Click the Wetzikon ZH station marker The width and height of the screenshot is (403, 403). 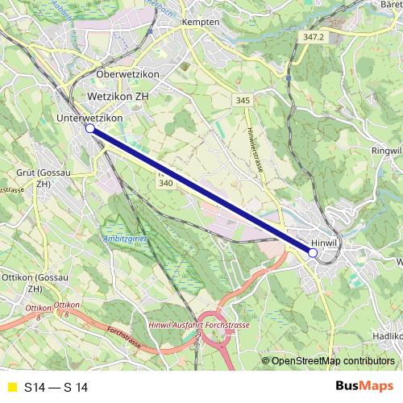click(90, 127)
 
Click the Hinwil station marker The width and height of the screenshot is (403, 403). click(313, 252)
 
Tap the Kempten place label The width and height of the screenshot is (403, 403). click(201, 22)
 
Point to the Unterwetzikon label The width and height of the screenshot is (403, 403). click(89, 118)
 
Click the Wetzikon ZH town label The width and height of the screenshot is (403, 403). click(118, 96)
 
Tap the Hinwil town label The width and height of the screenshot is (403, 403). click(324, 241)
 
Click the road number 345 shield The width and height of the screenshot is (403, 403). click(243, 100)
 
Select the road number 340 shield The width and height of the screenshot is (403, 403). click(166, 183)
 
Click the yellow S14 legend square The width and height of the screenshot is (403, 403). click(11, 387)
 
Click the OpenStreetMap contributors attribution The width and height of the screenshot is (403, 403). click(333, 361)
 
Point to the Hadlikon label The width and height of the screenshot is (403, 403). click(388, 334)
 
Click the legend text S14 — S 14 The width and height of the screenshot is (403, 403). click(55, 387)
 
